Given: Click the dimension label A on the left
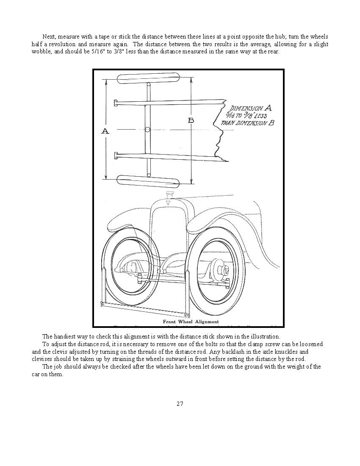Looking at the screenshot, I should pyautogui.click(x=105, y=131).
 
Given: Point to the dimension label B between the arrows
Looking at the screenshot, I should pyautogui.click(x=191, y=121).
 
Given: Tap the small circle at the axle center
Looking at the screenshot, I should pyautogui.click(x=147, y=129).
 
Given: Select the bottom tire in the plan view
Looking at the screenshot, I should pyautogui.click(x=148, y=181).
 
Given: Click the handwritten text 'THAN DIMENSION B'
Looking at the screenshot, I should pyautogui.click(x=247, y=123).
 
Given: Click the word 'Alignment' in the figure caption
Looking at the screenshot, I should pyautogui.click(x=205, y=322).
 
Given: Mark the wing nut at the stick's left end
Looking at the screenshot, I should pyautogui.click(x=102, y=303).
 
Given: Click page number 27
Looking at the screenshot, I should pyautogui.click(x=180, y=404).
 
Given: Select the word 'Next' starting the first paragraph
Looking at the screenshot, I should pyautogui.click(x=49, y=37).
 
